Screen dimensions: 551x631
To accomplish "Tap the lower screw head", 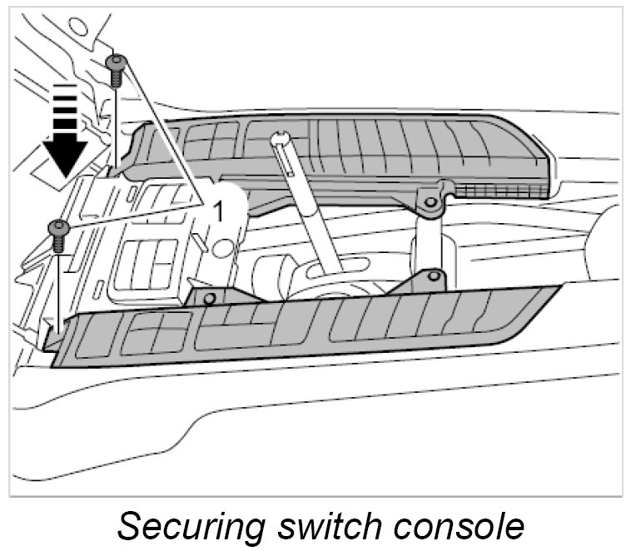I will (x=58, y=226).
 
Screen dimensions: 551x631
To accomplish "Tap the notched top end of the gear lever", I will (x=280, y=139).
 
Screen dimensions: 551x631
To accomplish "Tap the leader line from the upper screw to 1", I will (x=163, y=133).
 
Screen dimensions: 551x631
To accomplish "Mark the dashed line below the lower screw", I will (x=58, y=283).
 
